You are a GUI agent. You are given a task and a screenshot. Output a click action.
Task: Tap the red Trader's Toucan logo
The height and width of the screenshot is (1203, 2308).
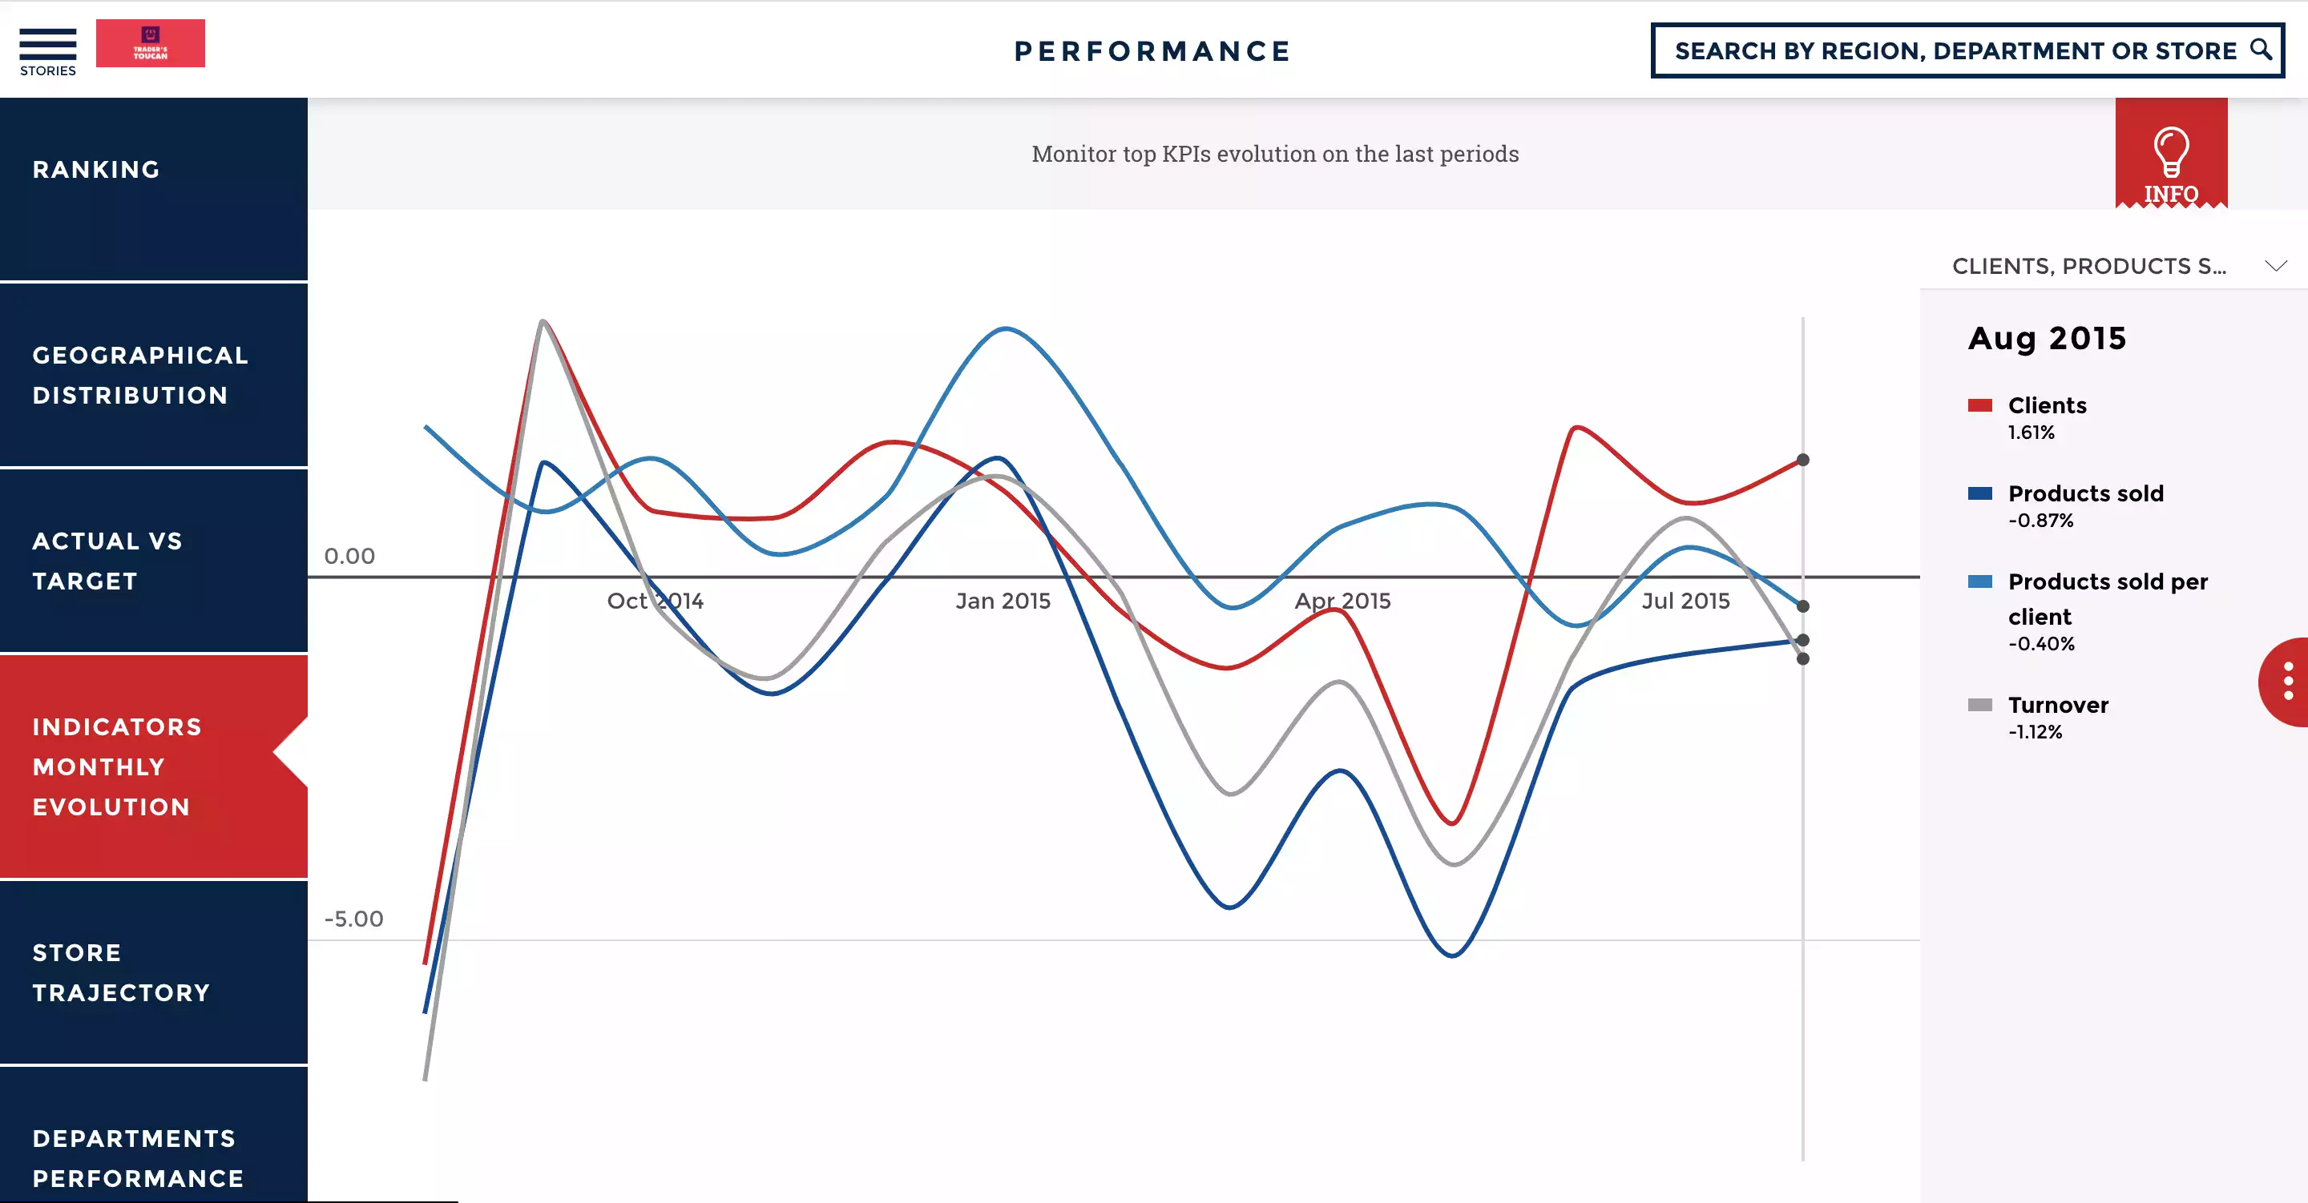coord(150,43)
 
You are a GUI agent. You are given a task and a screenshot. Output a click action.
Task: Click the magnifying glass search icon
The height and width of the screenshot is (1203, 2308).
coord(2260,50)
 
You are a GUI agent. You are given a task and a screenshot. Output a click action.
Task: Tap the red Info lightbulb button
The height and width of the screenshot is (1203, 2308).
coord(2170,154)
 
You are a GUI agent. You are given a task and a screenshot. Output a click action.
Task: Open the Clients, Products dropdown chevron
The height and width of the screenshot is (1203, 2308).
coord(2275,266)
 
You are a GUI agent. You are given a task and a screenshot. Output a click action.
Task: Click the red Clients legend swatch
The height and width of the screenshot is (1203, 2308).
coord(1979,406)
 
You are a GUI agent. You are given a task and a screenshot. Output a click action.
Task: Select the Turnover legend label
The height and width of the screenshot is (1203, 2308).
coord(2057,705)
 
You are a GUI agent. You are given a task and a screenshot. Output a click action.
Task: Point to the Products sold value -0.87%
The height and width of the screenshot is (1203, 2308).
coord(2040,521)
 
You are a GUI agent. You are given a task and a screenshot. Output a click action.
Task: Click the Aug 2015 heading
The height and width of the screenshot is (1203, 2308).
coord(2047,339)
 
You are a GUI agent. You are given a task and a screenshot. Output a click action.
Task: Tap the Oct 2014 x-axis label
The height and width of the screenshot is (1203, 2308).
coord(655,601)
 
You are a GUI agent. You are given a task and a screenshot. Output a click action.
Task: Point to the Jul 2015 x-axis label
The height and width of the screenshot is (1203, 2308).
coord(1685,601)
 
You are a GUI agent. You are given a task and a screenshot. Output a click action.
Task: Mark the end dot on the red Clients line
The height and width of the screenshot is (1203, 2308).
coord(1802,461)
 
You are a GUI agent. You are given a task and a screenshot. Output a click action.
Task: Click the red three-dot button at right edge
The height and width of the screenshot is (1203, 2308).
coord(2287,682)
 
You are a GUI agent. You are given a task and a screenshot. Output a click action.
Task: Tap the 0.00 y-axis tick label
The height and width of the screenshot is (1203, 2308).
coord(349,557)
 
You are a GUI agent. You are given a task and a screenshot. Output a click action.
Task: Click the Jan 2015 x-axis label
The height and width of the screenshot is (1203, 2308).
coord(1003,601)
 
